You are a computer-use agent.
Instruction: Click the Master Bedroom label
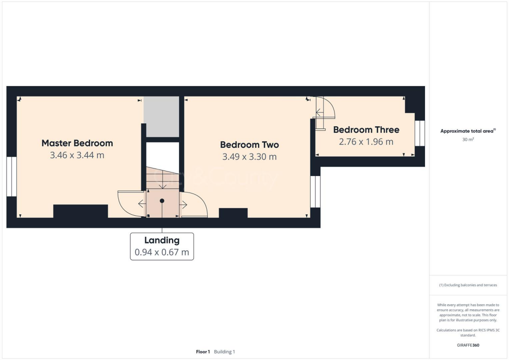tap(77, 143)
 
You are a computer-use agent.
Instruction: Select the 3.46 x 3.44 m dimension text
tap(77, 155)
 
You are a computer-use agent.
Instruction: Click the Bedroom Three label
tap(366, 130)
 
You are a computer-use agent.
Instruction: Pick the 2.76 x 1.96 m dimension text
tap(366, 142)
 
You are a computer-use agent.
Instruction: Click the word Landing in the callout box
tap(162, 240)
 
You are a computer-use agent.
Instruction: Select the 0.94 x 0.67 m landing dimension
tap(162, 253)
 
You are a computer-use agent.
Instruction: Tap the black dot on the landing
tap(162, 201)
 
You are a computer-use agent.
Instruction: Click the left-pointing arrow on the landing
tap(142, 203)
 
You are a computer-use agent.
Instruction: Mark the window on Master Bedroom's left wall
tap(11, 176)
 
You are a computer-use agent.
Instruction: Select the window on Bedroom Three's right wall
tap(420, 133)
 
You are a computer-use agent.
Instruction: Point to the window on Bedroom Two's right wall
tap(315, 191)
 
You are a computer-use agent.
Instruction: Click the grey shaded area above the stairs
tap(161, 117)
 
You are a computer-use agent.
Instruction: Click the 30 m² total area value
tap(468, 140)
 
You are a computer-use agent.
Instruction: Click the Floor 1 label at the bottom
tap(203, 352)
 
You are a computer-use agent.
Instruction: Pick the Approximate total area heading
tap(467, 131)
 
